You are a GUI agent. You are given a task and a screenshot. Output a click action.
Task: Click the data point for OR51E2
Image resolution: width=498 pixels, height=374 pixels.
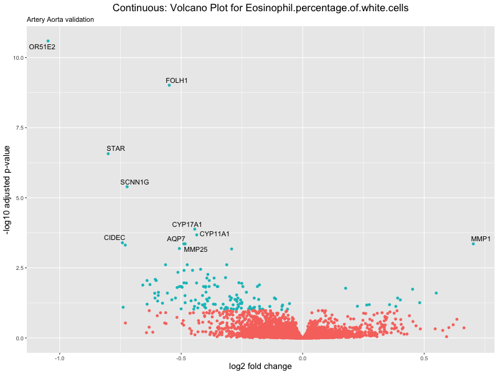coord(48,41)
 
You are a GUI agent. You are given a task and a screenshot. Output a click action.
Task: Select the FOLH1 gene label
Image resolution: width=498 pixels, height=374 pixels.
coord(177,81)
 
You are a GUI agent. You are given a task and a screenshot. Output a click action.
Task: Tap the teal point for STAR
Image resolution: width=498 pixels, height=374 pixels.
coord(108,153)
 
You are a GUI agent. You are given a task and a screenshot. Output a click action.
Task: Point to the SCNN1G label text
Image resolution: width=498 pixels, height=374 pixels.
coord(134,183)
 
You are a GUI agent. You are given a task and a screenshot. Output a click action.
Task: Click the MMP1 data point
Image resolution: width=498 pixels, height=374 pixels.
coord(473,244)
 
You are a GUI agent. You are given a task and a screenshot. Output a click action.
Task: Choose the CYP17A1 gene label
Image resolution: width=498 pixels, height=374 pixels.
coord(187,224)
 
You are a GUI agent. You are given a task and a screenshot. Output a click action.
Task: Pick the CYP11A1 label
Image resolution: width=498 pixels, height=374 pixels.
coord(215,234)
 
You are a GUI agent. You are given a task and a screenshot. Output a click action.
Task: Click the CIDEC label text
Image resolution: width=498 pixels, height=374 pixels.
coord(115,238)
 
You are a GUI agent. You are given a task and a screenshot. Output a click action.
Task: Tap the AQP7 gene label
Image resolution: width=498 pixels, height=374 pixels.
coord(176,239)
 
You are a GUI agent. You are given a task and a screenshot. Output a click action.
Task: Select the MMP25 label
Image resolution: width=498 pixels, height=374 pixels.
coord(195,250)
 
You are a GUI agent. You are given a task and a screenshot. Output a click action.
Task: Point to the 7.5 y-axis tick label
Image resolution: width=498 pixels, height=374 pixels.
coord(18,128)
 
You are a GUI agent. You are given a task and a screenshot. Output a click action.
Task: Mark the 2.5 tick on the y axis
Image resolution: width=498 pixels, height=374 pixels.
coord(18,268)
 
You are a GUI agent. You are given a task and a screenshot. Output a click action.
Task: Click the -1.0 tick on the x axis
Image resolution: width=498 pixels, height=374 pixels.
coord(60,358)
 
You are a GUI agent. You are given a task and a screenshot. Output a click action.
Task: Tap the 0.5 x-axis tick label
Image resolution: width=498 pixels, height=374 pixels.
coord(424,358)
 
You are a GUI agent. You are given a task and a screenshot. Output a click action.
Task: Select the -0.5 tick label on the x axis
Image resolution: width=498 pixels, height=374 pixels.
coord(181,358)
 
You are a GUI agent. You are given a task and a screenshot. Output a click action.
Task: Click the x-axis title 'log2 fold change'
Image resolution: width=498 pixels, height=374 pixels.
coord(261,367)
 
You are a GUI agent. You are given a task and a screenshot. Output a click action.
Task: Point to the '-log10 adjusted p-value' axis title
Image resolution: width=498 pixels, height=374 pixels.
coord(8,189)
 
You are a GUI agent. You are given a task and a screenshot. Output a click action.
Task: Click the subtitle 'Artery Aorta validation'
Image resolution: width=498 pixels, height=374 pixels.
coord(60,19)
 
